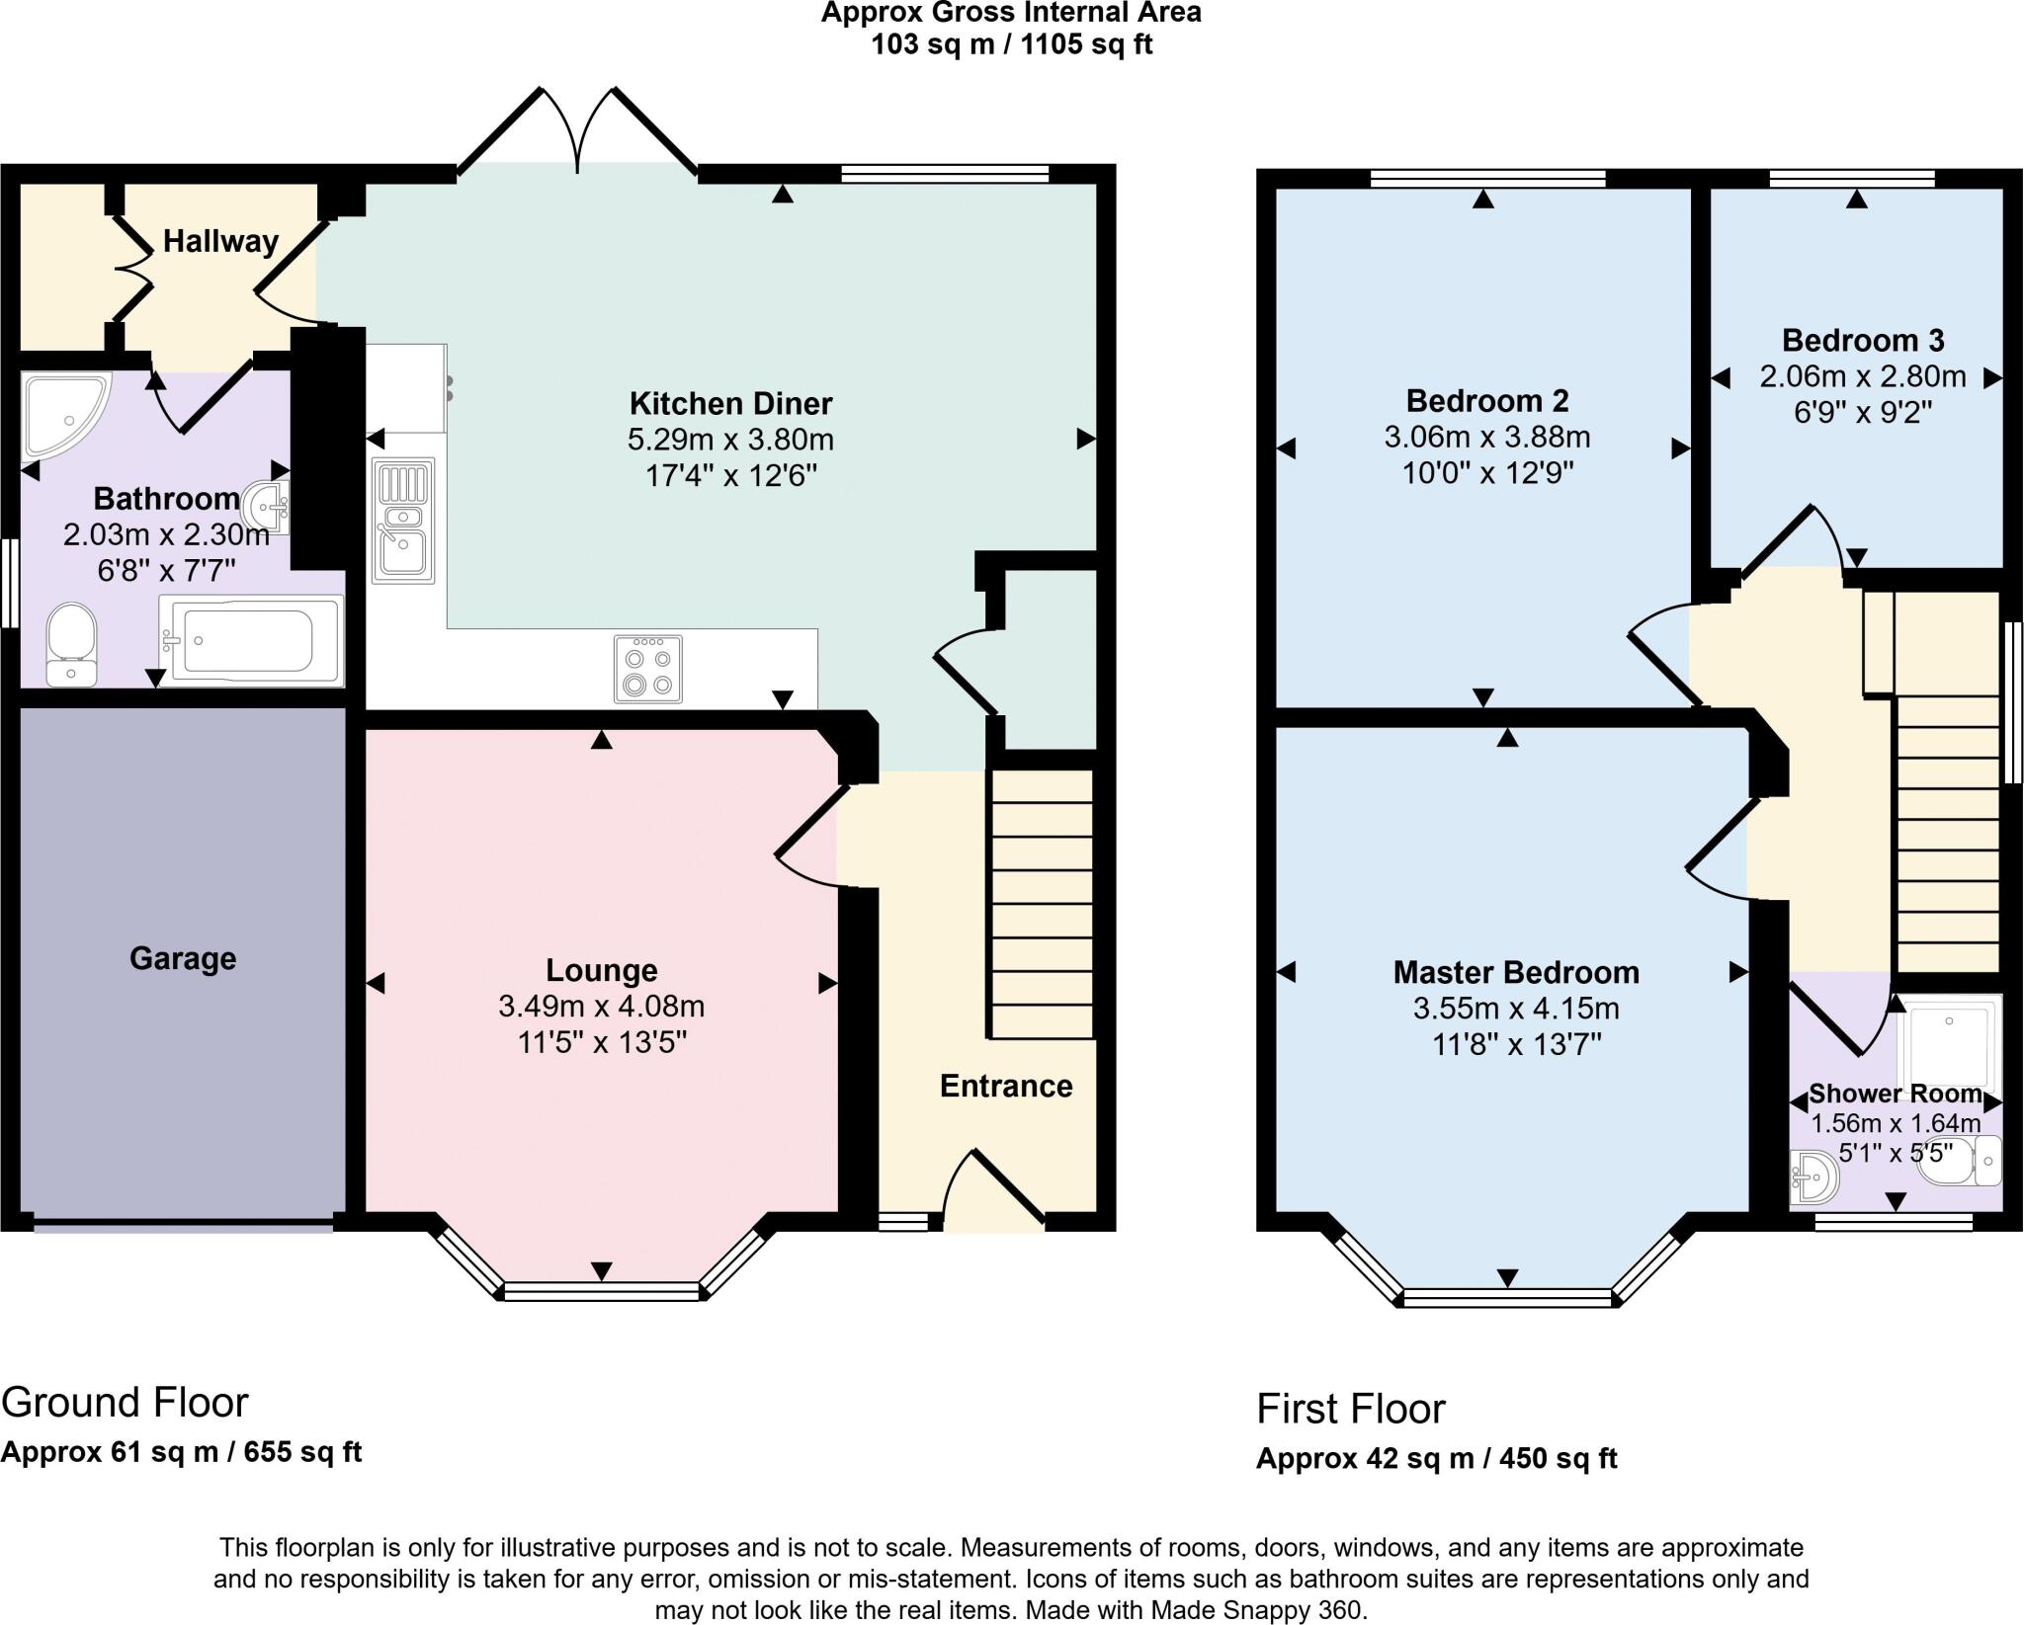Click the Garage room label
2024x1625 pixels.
[x=183, y=958]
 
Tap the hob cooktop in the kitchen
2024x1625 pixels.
[x=647, y=669]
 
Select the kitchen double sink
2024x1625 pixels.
[x=403, y=520]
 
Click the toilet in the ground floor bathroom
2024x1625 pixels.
[x=71, y=643]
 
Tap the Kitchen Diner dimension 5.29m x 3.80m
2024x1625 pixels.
[x=730, y=440]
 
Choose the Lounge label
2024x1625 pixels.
[x=601, y=970]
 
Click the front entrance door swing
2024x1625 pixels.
[x=993, y=1188]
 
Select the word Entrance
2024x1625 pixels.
[x=1005, y=1086]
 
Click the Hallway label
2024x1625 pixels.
[x=220, y=241]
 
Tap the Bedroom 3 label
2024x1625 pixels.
[x=1862, y=341]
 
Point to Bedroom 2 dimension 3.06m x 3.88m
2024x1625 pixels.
[x=1486, y=437]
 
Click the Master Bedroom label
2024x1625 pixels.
[x=1515, y=972]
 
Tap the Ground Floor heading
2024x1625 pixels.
[x=125, y=1402]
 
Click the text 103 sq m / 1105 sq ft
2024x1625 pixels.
[x=1011, y=44]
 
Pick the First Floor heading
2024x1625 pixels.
[x=1350, y=1408]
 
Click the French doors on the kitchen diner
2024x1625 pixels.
[x=578, y=133]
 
